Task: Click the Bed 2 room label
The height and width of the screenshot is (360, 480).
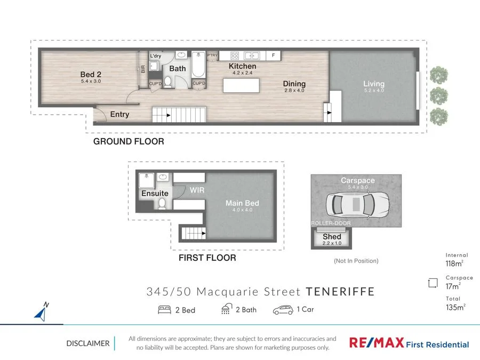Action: pos(91,75)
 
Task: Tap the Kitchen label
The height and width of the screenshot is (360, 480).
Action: pos(243,66)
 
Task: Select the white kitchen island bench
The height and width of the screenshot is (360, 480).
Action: pos(241,85)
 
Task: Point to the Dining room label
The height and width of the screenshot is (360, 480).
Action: pos(294,84)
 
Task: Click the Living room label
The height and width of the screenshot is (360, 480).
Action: pos(374,84)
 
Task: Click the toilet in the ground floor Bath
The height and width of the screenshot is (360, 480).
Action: pos(167,82)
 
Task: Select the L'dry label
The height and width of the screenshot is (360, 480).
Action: pos(156,56)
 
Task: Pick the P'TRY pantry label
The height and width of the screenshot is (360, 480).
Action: pos(212,55)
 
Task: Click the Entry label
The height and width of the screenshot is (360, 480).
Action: pos(119,114)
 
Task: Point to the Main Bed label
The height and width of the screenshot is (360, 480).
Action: pos(242,203)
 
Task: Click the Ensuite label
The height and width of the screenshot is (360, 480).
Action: pos(155,194)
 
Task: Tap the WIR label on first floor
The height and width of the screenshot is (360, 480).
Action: pos(197,190)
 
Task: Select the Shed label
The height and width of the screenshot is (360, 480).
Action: pos(332,237)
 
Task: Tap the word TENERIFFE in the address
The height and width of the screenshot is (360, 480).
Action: pos(340,292)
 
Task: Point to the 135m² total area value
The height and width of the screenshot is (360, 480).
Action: pos(455,307)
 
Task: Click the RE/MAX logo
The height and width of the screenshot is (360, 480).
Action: pos(376,343)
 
